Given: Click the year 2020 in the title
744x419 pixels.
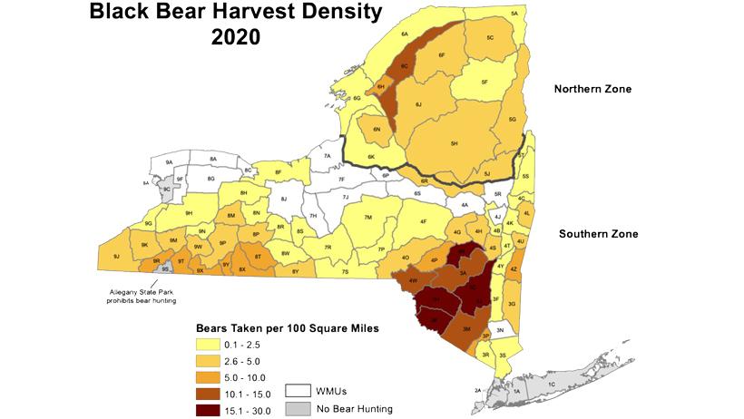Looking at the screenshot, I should (x=235, y=38).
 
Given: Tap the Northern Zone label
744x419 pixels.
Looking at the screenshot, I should (x=593, y=89).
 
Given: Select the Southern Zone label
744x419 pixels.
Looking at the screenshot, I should (x=598, y=234).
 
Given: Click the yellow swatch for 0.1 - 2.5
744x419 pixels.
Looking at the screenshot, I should (x=209, y=345).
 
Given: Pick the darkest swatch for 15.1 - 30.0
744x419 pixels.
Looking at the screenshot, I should (x=209, y=409).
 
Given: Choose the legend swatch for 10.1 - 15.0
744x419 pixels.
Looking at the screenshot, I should (x=209, y=393).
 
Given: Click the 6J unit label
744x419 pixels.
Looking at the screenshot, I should (x=418, y=105).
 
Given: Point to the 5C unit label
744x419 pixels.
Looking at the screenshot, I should (x=489, y=38).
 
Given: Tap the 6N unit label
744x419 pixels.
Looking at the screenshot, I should (x=377, y=130).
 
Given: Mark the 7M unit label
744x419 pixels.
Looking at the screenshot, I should (x=367, y=218).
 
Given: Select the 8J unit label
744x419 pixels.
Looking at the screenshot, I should (x=284, y=199).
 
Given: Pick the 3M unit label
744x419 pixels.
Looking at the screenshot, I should (x=466, y=328).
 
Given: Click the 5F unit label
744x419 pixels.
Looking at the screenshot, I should (x=485, y=83).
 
